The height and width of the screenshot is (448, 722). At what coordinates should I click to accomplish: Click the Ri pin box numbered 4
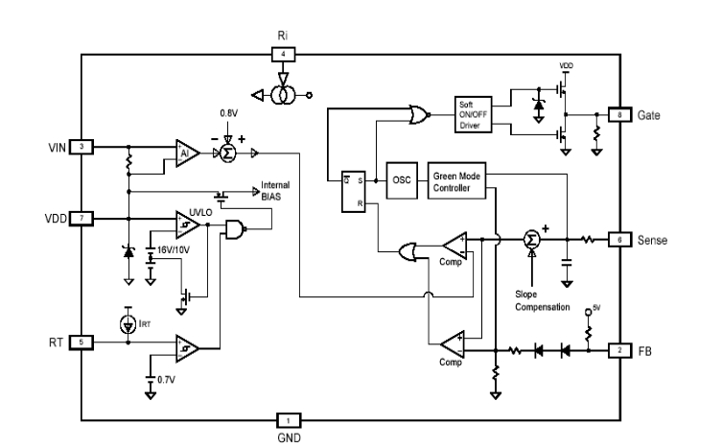pos(282,54)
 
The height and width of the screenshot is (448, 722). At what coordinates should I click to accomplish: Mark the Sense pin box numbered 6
pos(619,240)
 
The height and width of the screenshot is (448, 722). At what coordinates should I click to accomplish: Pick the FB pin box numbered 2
pos(619,350)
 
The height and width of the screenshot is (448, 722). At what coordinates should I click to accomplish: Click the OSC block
pos(400,179)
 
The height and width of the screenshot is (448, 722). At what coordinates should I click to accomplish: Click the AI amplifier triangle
pos(186,153)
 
